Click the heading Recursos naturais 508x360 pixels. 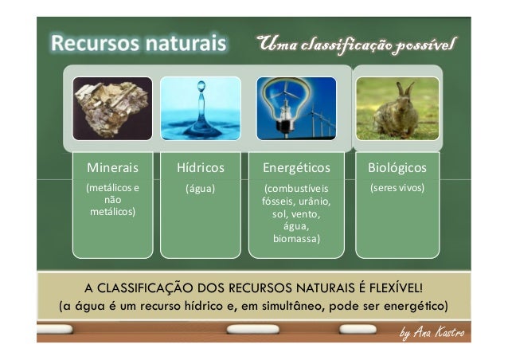pyautogui.click(x=139, y=42)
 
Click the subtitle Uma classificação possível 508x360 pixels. pyautogui.click(x=356, y=42)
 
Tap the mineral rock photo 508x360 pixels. pyautogui.click(x=111, y=108)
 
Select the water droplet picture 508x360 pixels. pyautogui.click(x=200, y=108)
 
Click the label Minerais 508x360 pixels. pyautogui.click(x=112, y=168)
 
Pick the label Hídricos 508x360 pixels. pyautogui.click(x=200, y=168)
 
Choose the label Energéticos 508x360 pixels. pyautogui.click(x=296, y=168)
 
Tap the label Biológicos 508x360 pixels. pyautogui.click(x=397, y=168)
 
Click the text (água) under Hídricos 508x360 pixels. pyautogui.click(x=200, y=189)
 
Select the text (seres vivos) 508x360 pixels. pyautogui.click(x=397, y=189)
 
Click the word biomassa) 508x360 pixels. pyautogui.click(x=296, y=238)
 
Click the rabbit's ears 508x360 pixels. pyautogui.click(x=408, y=89)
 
